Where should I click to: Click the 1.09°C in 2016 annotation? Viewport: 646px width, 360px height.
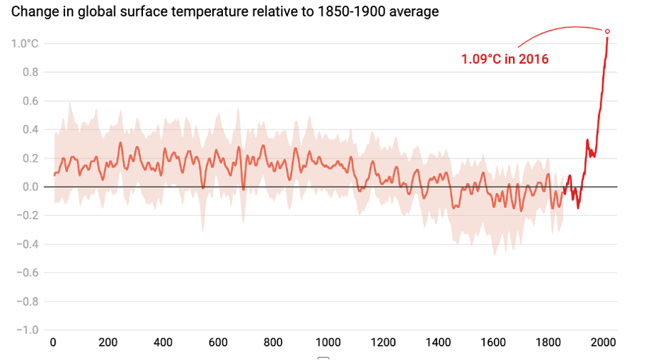click(505, 59)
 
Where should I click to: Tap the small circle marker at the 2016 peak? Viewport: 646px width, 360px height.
click(607, 31)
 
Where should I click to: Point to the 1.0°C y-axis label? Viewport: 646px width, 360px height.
click(25, 44)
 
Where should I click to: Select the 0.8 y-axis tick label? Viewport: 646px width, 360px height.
click(30, 72)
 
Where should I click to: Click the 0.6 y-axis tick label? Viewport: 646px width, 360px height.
click(30, 101)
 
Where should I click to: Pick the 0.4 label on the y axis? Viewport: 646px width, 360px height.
click(30, 129)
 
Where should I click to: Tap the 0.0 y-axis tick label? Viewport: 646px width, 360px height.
click(30, 186)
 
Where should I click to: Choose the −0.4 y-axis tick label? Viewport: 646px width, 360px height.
click(27, 244)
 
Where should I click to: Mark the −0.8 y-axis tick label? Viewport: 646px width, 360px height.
click(27, 301)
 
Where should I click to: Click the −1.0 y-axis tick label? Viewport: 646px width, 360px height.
click(27, 329)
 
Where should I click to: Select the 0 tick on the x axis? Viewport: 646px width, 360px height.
click(53, 341)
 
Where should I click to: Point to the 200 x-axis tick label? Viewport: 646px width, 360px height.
click(109, 341)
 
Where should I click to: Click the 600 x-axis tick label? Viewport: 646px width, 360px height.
click(219, 341)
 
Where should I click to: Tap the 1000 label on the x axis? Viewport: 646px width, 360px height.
click(329, 341)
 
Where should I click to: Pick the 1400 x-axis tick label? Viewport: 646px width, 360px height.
click(439, 341)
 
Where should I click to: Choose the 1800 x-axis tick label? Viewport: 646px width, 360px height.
click(549, 341)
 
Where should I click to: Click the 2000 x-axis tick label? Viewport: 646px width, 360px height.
click(604, 341)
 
